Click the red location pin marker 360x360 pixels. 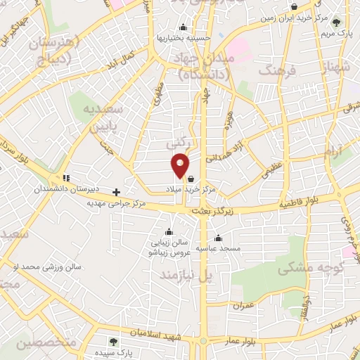(181, 165)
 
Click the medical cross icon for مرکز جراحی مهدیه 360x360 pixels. (117, 191)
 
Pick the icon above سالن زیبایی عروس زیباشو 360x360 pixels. (168, 232)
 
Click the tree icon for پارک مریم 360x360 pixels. (335, 22)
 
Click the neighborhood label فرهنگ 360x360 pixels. (275, 70)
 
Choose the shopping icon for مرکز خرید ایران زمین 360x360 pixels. (294, 8)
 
